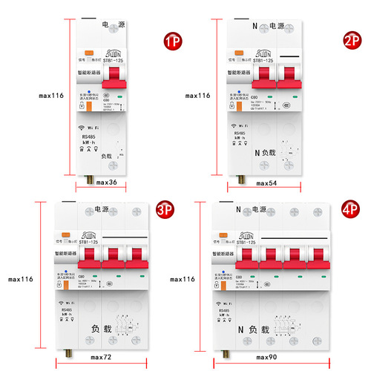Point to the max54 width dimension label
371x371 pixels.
[x=272, y=183]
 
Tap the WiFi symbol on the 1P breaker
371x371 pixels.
[x=82, y=128]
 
